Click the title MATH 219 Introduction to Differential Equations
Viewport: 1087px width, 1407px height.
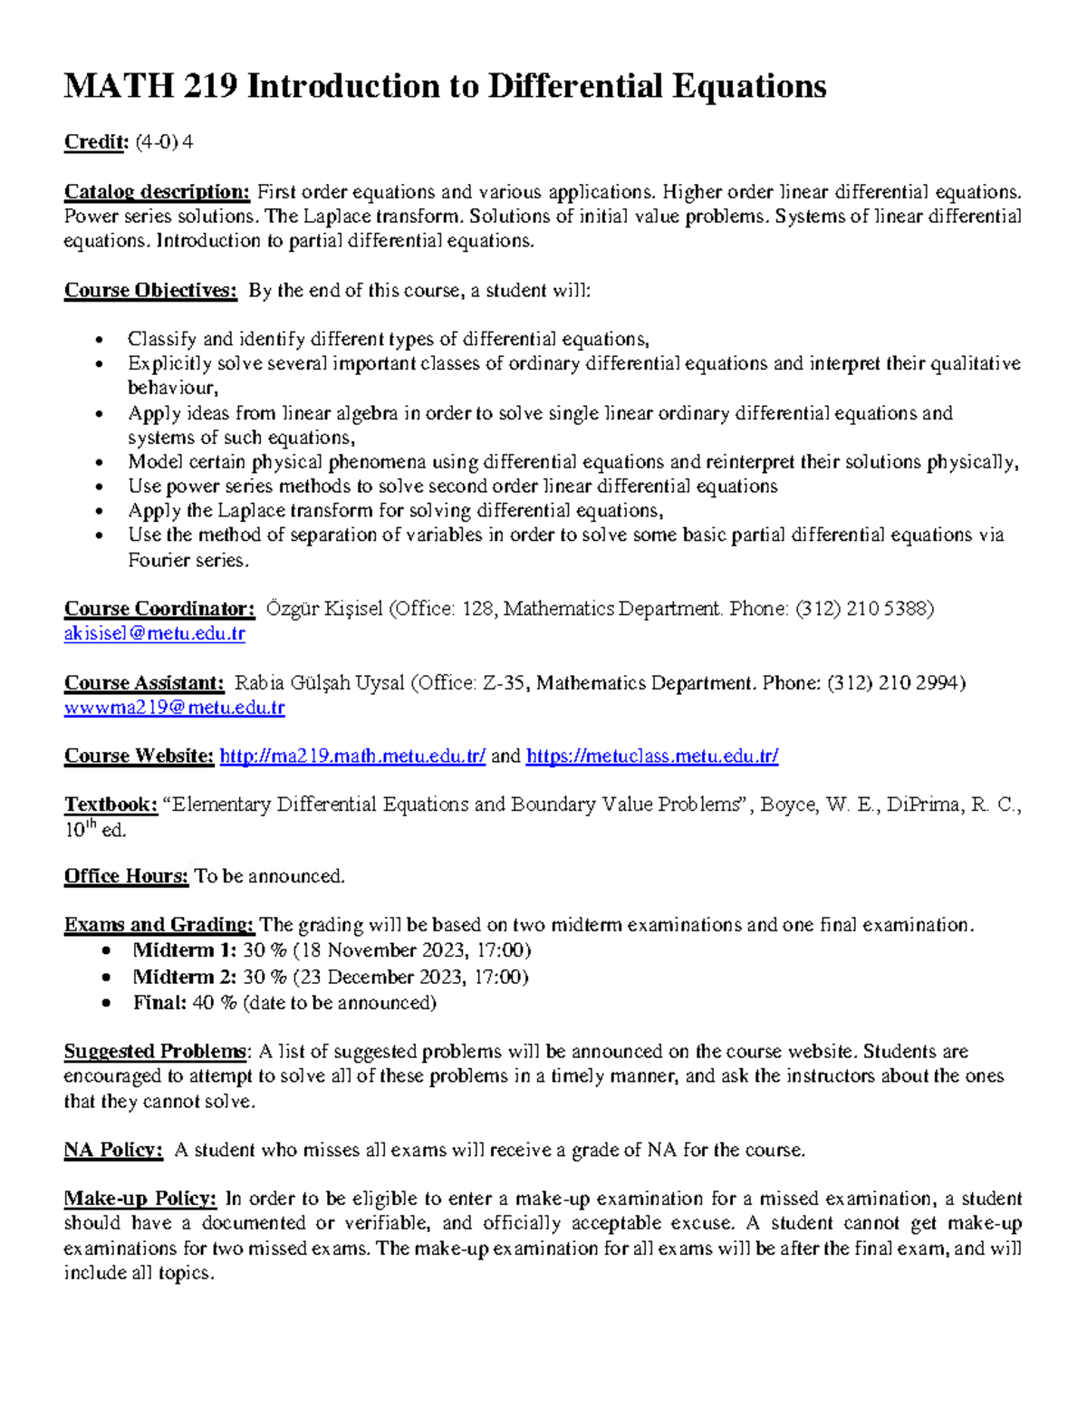tap(445, 86)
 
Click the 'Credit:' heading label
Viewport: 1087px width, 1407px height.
tap(96, 142)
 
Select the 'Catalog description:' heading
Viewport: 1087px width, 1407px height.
tap(157, 192)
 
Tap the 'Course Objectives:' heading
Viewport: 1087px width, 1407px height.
tap(150, 291)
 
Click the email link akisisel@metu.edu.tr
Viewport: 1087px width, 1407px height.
tap(154, 634)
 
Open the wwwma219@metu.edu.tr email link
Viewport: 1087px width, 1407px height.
tap(174, 708)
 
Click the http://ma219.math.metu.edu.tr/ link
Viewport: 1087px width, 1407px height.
tap(352, 757)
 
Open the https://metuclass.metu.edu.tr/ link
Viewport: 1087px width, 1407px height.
tap(651, 757)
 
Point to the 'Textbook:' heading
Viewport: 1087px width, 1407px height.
tap(111, 805)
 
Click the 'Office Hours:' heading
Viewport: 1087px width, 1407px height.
tap(126, 876)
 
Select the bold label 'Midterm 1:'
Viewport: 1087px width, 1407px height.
tap(185, 950)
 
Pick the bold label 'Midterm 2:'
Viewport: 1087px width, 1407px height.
tap(185, 977)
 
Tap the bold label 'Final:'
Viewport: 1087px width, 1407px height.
tap(160, 1003)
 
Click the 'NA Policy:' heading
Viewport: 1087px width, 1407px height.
tap(113, 1151)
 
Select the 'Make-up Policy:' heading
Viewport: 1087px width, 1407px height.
tap(140, 1200)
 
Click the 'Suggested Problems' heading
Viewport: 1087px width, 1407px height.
tap(155, 1052)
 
